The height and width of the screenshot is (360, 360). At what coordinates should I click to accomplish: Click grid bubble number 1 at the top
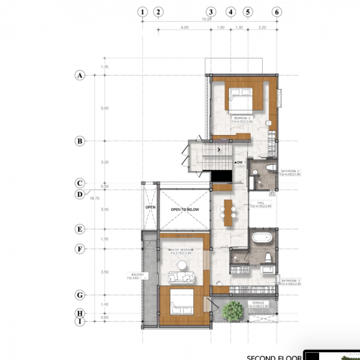click(142, 11)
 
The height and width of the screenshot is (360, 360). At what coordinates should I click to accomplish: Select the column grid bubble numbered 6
click(277, 11)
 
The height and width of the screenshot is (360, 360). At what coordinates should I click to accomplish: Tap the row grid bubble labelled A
click(79, 76)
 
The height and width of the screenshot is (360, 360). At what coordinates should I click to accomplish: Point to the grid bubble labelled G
click(79, 295)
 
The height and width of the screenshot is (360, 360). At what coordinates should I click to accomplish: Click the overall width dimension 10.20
click(207, 19)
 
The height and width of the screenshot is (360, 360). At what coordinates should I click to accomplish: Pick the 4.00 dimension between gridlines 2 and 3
click(184, 28)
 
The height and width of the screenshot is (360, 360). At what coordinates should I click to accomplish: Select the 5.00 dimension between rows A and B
click(105, 109)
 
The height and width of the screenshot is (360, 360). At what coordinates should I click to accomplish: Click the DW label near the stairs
click(239, 162)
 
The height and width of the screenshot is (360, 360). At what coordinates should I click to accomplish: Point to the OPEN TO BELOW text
click(184, 209)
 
